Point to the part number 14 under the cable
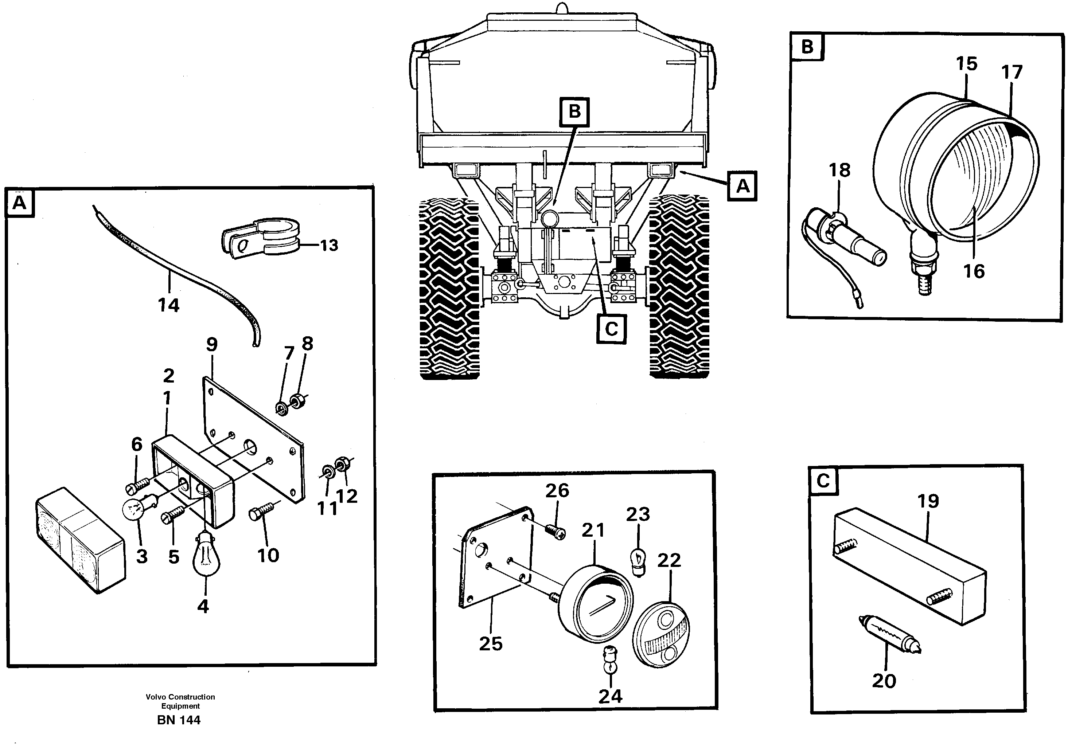pos(168,305)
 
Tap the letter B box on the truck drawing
pos(574,111)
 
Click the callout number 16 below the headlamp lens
pos(974,271)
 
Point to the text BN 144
pos(179,720)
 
